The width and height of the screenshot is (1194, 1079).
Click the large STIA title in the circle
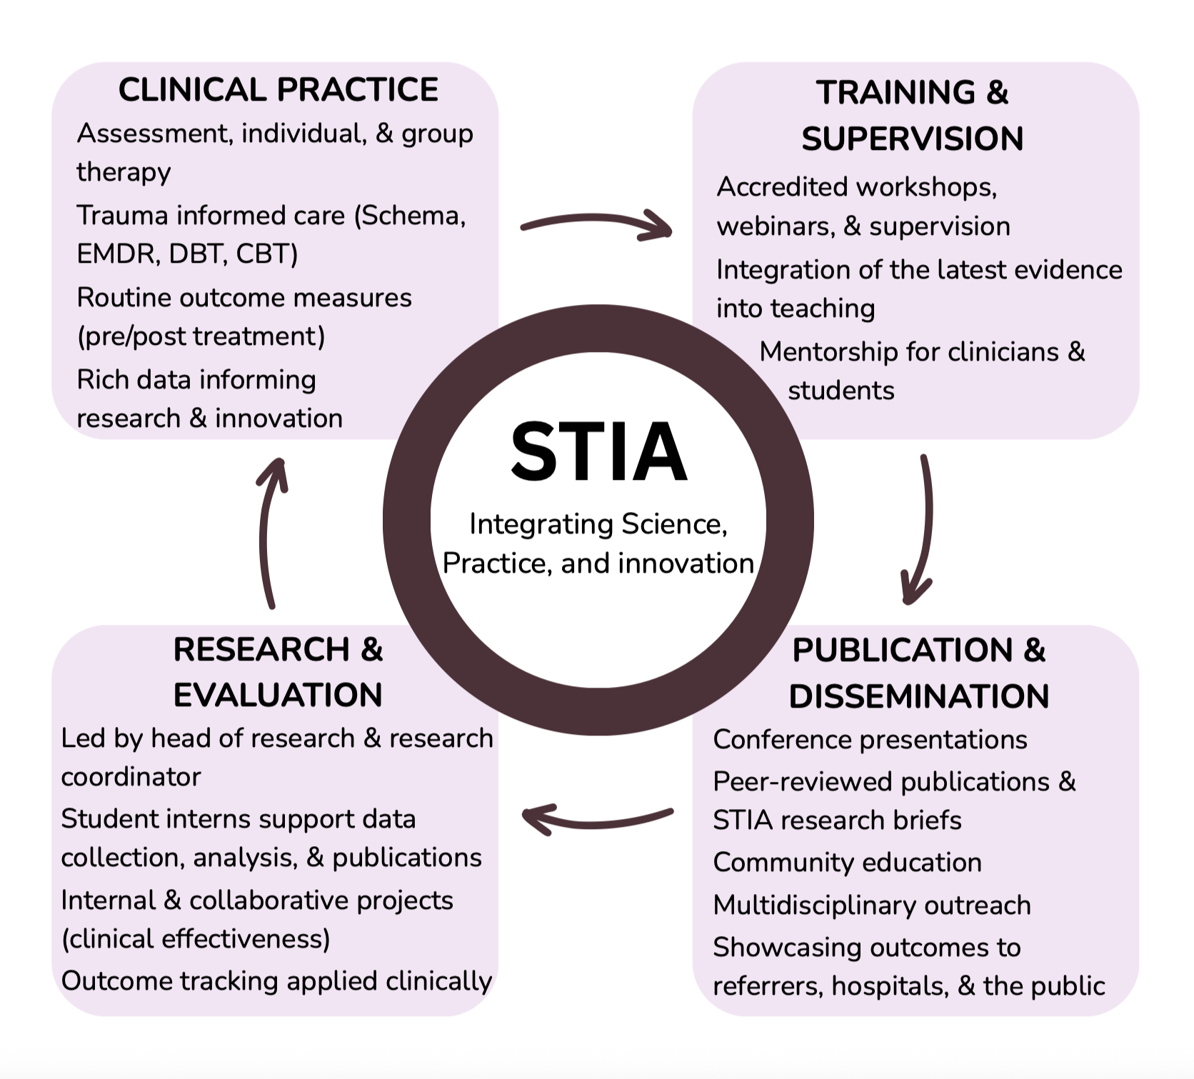coord(598,452)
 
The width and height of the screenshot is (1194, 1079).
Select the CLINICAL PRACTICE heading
coord(278,90)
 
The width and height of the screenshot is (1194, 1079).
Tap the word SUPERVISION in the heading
coord(912,139)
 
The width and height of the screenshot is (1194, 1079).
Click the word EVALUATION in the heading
coord(278,695)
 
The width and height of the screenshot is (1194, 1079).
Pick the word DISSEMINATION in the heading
coord(918,696)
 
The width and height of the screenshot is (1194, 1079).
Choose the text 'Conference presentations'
coord(870,740)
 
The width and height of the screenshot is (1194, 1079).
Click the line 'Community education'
coord(847,863)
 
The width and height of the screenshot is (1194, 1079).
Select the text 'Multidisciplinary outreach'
coord(872,905)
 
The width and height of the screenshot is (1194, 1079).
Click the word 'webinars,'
coord(776,226)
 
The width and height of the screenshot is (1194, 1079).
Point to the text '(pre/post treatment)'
coord(201,336)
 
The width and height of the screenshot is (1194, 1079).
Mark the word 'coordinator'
coord(131,777)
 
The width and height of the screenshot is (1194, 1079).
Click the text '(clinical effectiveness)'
coord(196,939)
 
